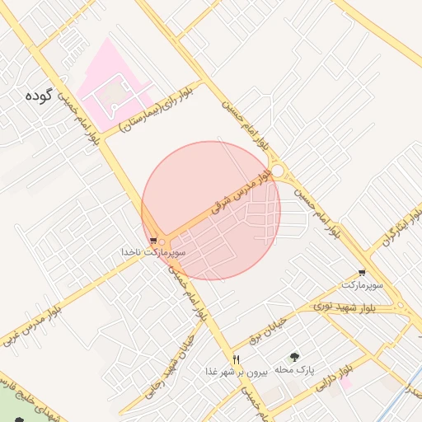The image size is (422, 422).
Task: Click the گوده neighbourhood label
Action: (39, 96)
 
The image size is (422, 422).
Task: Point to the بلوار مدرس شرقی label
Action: (242, 192)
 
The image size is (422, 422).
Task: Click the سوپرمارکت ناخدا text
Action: (153, 251)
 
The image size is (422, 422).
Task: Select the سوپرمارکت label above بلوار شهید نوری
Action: (363, 284)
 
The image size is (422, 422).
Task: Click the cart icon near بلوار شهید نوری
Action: (362, 273)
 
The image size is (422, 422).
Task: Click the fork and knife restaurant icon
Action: (236, 359)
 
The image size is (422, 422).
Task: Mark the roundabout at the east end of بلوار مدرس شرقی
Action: (279, 171)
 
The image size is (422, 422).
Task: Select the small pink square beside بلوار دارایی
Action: (346, 382)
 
